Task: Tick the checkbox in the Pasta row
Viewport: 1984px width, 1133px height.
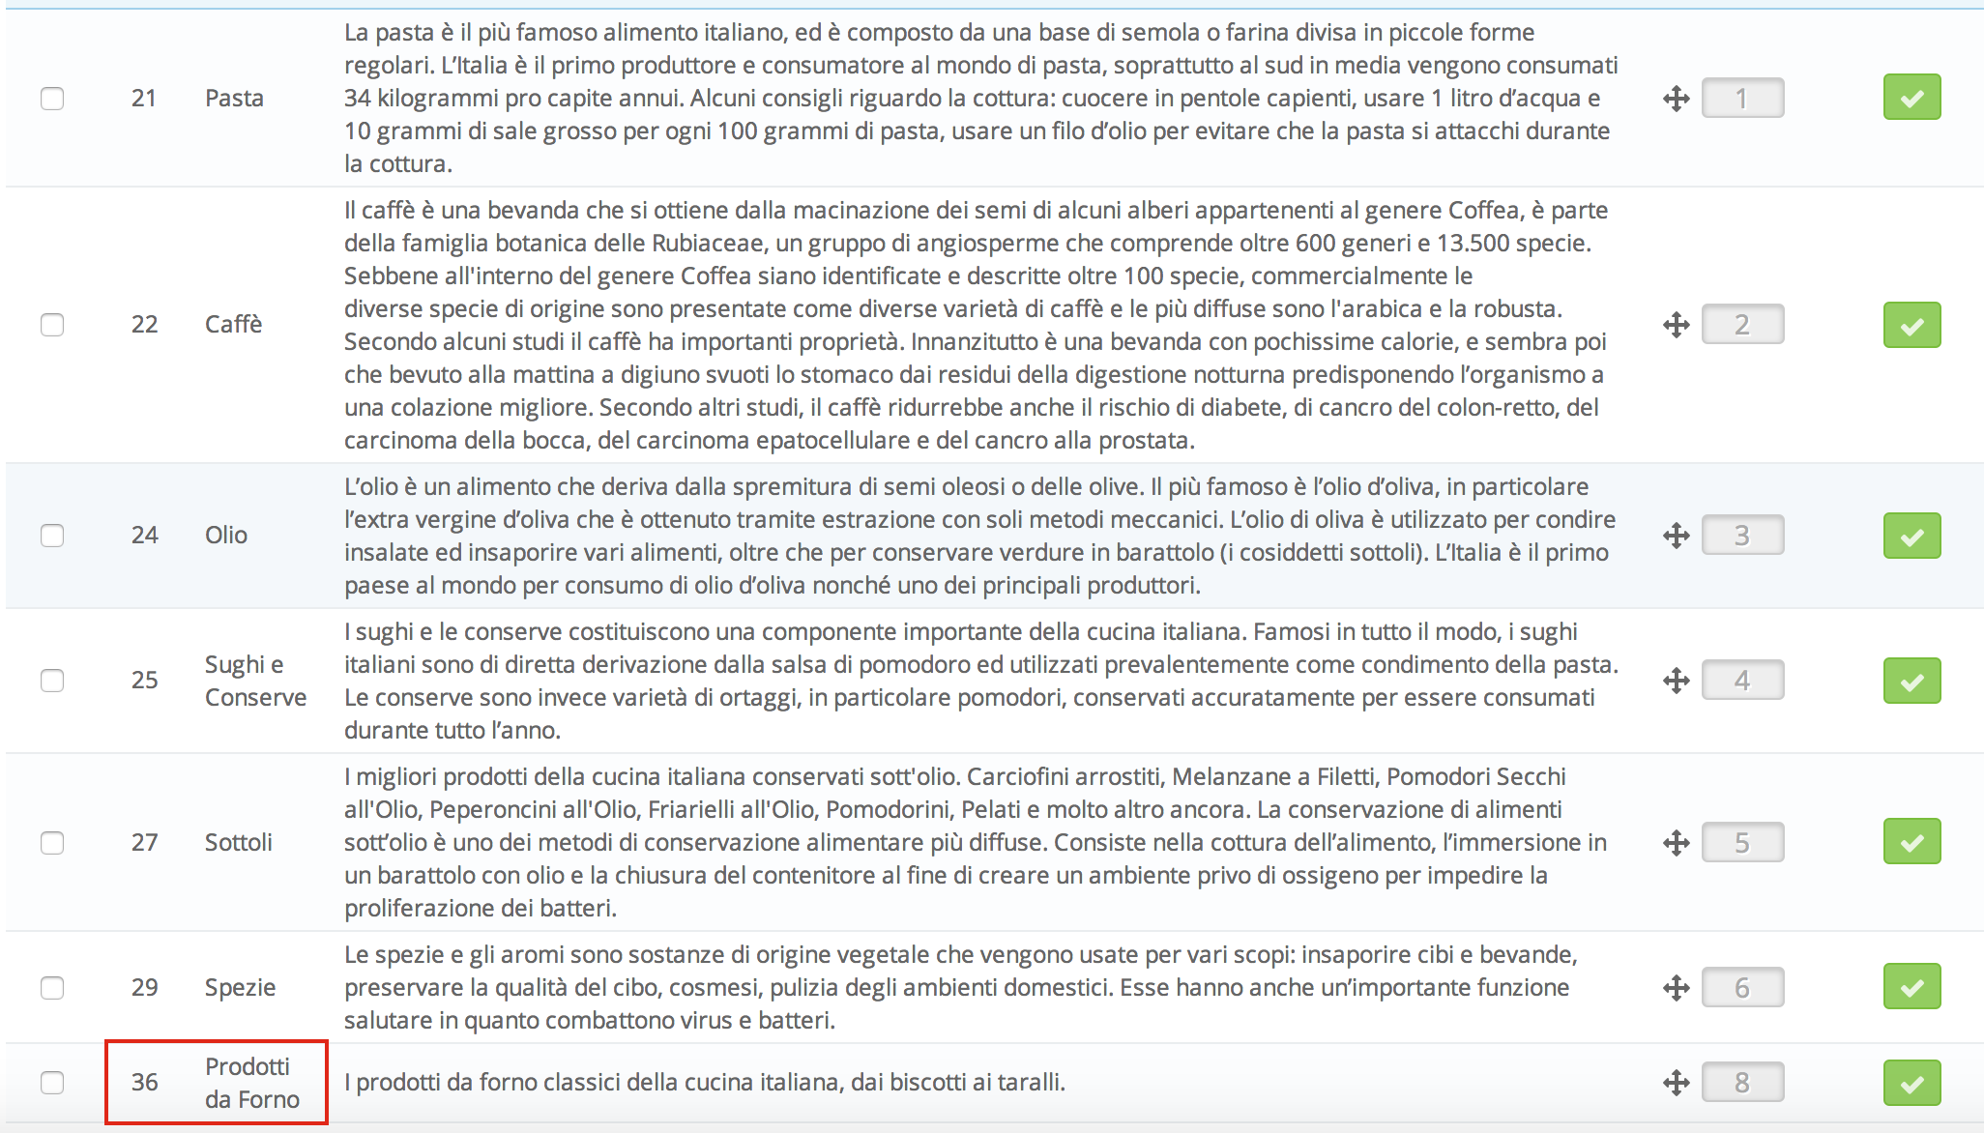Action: pyautogui.click(x=52, y=99)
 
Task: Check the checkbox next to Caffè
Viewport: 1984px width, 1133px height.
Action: pyautogui.click(x=52, y=325)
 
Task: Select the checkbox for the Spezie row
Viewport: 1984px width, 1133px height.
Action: pyautogui.click(x=52, y=988)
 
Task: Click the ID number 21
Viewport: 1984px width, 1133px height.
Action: pyautogui.click(x=144, y=99)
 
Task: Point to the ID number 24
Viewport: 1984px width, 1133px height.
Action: pyautogui.click(x=144, y=536)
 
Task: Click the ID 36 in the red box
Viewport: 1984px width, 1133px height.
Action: pyautogui.click(x=144, y=1083)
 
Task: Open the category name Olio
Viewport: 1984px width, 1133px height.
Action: pyautogui.click(x=226, y=536)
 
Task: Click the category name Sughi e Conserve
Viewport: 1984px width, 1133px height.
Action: pyautogui.click(x=255, y=681)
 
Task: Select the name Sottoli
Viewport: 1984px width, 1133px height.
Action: pyautogui.click(x=238, y=843)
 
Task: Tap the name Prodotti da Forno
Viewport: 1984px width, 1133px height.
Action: pyautogui.click(x=251, y=1083)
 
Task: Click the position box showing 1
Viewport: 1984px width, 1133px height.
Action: pyautogui.click(x=1742, y=99)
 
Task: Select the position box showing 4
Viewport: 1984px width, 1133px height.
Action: pyautogui.click(x=1742, y=681)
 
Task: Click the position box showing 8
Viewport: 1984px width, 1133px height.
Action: pyautogui.click(x=1742, y=1083)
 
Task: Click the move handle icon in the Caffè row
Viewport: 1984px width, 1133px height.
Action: pyautogui.click(x=1677, y=325)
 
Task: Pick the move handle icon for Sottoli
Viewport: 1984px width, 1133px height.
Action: pyautogui.click(x=1677, y=843)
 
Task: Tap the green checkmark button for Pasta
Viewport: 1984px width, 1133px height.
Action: pyautogui.click(x=1911, y=98)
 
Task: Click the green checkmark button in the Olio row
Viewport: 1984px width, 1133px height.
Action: pyautogui.click(x=1911, y=536)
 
